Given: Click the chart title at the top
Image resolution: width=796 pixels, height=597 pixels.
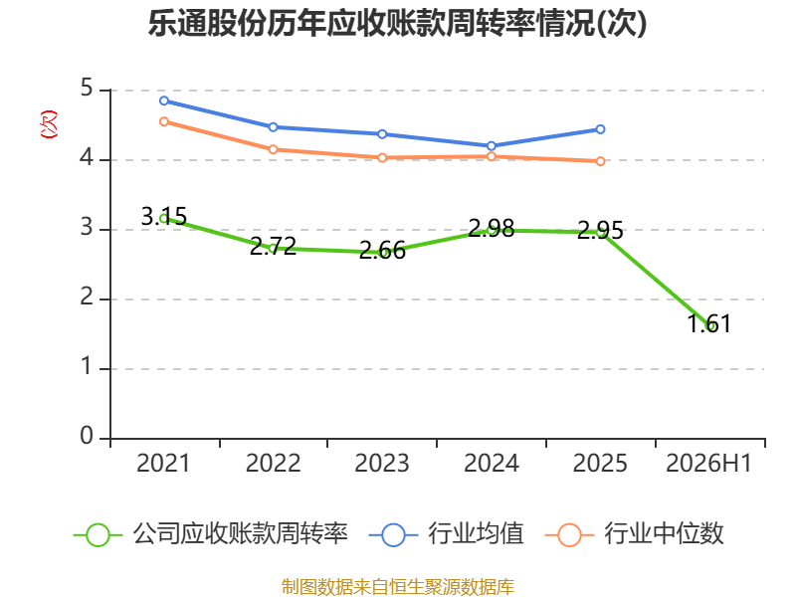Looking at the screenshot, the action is pyautogui.click(x=397, y=23).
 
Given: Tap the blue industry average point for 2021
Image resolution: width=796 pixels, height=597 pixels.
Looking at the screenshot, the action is pyautogui.click(x=164, y=100).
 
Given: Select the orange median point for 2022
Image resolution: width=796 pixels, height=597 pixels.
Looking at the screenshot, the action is pyautogui.click(x=273, y=149).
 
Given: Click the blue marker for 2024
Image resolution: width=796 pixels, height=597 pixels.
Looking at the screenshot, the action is pyautogui.click(x=492, y=145).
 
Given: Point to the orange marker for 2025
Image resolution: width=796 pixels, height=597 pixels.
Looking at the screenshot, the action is pyautogui.click(x=600, y=161).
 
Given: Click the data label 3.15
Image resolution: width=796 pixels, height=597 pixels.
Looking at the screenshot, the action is pyautogui.click(x=164, y=217).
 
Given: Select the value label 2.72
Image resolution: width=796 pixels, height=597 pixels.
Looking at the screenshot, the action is pyautogui.click(x=273, y=247).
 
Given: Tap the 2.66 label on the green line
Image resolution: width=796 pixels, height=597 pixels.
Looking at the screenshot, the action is pyautogui.click(x=382, y=251).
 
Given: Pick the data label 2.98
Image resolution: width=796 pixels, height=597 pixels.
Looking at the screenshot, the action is pyautogui.click(x=492, y=229).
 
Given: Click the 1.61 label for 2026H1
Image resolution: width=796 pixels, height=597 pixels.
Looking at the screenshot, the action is pyautogui.click(x=709, y=324).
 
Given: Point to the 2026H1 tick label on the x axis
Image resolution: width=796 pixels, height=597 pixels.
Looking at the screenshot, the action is pyautogui.click(x=708, y=463).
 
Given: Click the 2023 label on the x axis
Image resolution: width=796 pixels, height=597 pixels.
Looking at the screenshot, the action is pyautogui.click(x=382, y=463).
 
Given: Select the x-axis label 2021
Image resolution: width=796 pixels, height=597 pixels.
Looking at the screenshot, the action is pyautogui.click(x=163, y=463).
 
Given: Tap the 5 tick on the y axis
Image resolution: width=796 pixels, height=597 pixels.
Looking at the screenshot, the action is pyautogui.click(x=87, y=89).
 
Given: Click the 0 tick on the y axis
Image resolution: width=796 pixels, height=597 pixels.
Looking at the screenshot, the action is pyautogui.click(x=87, y=436).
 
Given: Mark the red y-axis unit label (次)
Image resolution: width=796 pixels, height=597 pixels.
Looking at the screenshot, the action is pyautogui.click(x=49, y=124).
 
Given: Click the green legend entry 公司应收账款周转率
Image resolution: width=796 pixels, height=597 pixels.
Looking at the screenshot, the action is pyautogui.click(x=211, y=534).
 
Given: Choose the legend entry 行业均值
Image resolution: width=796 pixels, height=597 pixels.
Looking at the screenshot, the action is pyautogui.click(x=446, y=534).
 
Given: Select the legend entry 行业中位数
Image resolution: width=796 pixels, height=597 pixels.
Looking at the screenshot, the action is pyautogui.click(x=635, y=534).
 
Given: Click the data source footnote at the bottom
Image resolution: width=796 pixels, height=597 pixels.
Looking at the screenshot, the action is pyautogui.click(x=398, y=587).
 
